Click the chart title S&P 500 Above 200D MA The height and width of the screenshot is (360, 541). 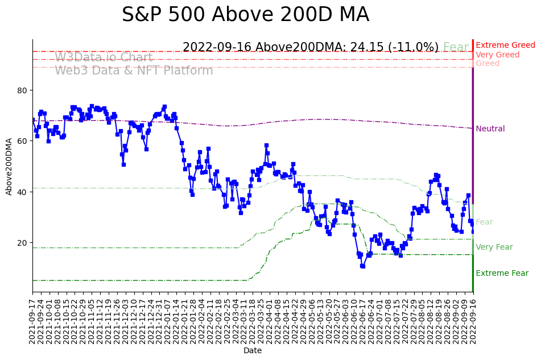pos(245,15)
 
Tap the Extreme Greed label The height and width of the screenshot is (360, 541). pos(505,45)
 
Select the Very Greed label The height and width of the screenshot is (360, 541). pos(497,55)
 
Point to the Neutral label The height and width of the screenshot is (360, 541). pos(490,129)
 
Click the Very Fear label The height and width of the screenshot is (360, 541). pos(494,247)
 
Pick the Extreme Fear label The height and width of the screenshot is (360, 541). pos(502,274)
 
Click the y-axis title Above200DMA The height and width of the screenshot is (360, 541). pos(9,166)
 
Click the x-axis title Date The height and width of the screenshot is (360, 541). pos(253,351)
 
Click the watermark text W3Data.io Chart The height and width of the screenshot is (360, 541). pos(104,58)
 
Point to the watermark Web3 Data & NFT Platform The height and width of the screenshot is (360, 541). pos(134,71)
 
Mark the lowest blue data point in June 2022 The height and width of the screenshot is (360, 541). pos(362,266)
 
